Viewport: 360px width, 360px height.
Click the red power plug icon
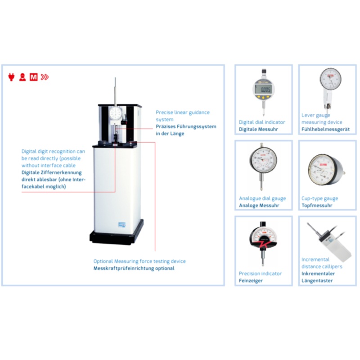(11, 77)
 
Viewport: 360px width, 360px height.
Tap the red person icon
(22, 77)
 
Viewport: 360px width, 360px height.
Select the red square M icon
(33, 77)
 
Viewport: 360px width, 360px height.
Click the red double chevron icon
(45, 77)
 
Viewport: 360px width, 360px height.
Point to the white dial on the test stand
(115, 113)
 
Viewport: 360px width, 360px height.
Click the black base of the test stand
(117, 235)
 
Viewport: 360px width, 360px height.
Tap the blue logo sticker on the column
(121, 225)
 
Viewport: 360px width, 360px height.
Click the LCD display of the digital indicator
(264, 90)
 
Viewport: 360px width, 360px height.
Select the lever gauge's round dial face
(330, 79)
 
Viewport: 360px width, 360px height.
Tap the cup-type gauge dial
(321, 170)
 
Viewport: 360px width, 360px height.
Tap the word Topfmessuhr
(317, 206)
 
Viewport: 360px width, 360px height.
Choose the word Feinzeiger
(251, 280)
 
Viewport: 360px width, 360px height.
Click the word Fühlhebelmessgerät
(325, 129)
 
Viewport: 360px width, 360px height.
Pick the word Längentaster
(317, 280)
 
